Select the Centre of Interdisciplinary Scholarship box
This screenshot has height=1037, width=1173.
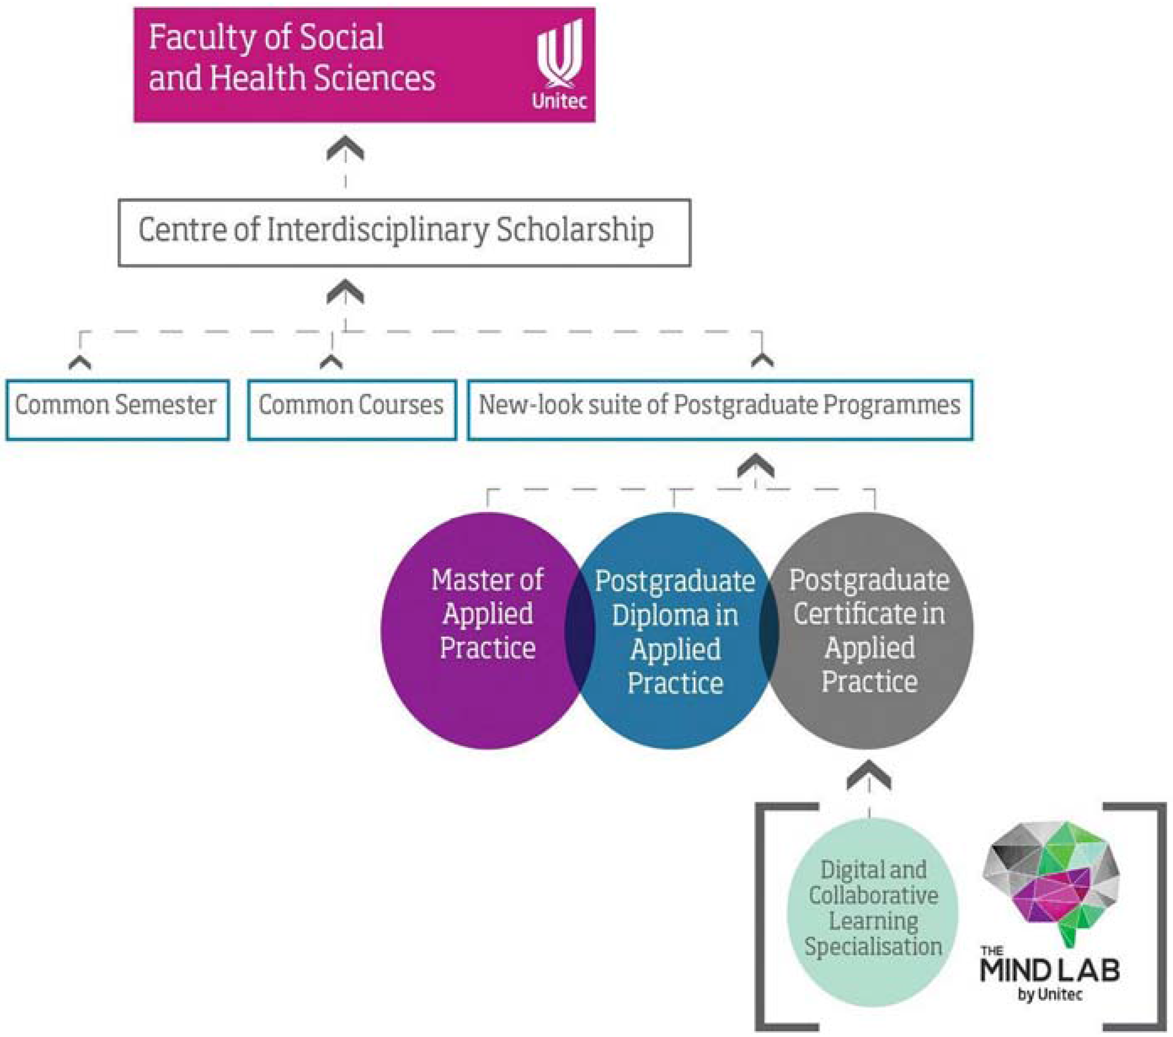404,233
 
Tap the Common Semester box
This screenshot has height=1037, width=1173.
117,410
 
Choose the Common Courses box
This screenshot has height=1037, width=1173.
352,410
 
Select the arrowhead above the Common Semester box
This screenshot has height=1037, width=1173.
80,362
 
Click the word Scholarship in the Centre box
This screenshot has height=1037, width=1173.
574,230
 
